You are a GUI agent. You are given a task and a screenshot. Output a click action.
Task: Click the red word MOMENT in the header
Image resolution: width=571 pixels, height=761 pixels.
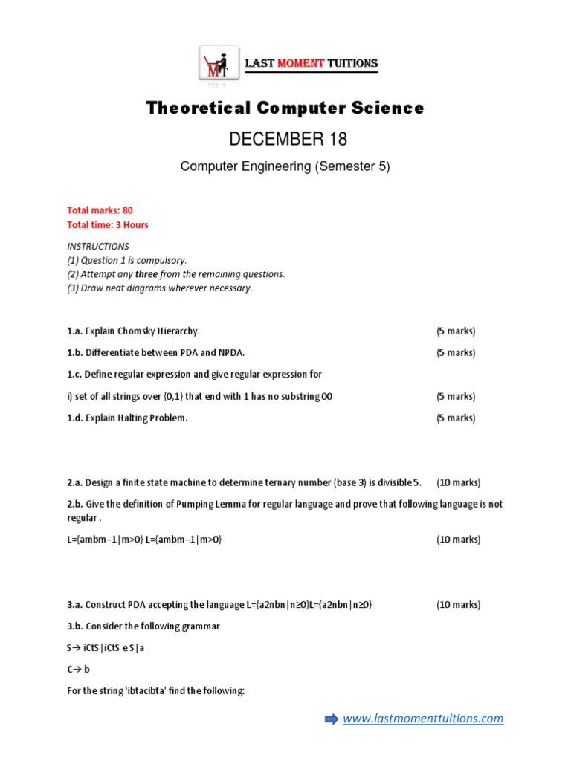[300, 64]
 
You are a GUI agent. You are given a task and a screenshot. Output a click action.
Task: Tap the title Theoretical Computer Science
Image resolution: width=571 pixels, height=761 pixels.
[285, 109]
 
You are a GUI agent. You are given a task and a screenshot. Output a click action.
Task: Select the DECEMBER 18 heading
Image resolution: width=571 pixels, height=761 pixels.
[285, 139]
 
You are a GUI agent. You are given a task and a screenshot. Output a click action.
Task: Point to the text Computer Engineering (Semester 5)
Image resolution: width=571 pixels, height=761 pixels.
[285, 166]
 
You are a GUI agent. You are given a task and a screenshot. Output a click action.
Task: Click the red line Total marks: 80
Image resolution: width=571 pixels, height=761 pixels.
[100, 211]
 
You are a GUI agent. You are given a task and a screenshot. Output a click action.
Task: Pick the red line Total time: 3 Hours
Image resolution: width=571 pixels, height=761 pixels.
[108, 225]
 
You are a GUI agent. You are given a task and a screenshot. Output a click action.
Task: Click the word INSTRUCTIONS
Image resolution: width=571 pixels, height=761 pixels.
[98, 246]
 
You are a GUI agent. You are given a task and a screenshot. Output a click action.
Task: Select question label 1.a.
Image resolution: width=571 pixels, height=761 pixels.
[74, 331]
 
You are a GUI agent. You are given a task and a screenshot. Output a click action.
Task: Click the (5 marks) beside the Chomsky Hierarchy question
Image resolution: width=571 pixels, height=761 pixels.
[456, 331]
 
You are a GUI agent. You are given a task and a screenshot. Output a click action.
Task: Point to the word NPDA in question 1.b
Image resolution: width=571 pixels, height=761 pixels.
[230, 353]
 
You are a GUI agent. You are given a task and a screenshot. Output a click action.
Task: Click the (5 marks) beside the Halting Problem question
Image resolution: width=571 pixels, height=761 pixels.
[456, 418]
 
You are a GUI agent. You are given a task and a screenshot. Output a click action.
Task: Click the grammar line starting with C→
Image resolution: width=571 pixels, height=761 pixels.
[78, 670]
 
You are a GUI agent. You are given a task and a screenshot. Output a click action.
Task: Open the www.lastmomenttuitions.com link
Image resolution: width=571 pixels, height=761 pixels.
[422, 719]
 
